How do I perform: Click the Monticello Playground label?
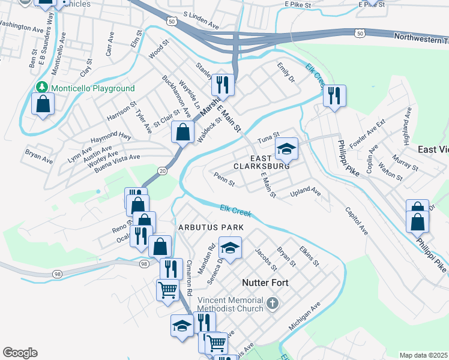point(92,88)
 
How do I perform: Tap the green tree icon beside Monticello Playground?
point(42,88)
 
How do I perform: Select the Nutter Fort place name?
point(265,282)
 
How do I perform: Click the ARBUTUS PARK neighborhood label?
point(211,227)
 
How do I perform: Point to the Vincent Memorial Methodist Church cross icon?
point(273,303)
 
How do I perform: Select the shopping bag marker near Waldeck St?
point(182,131)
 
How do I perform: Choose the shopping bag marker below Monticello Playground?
point(43,104)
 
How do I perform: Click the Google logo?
point(20,353)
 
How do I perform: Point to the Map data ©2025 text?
point(423,355)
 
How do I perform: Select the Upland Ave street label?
point(306,192)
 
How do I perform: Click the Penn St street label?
point(223,178)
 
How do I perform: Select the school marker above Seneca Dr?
point(230,247)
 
